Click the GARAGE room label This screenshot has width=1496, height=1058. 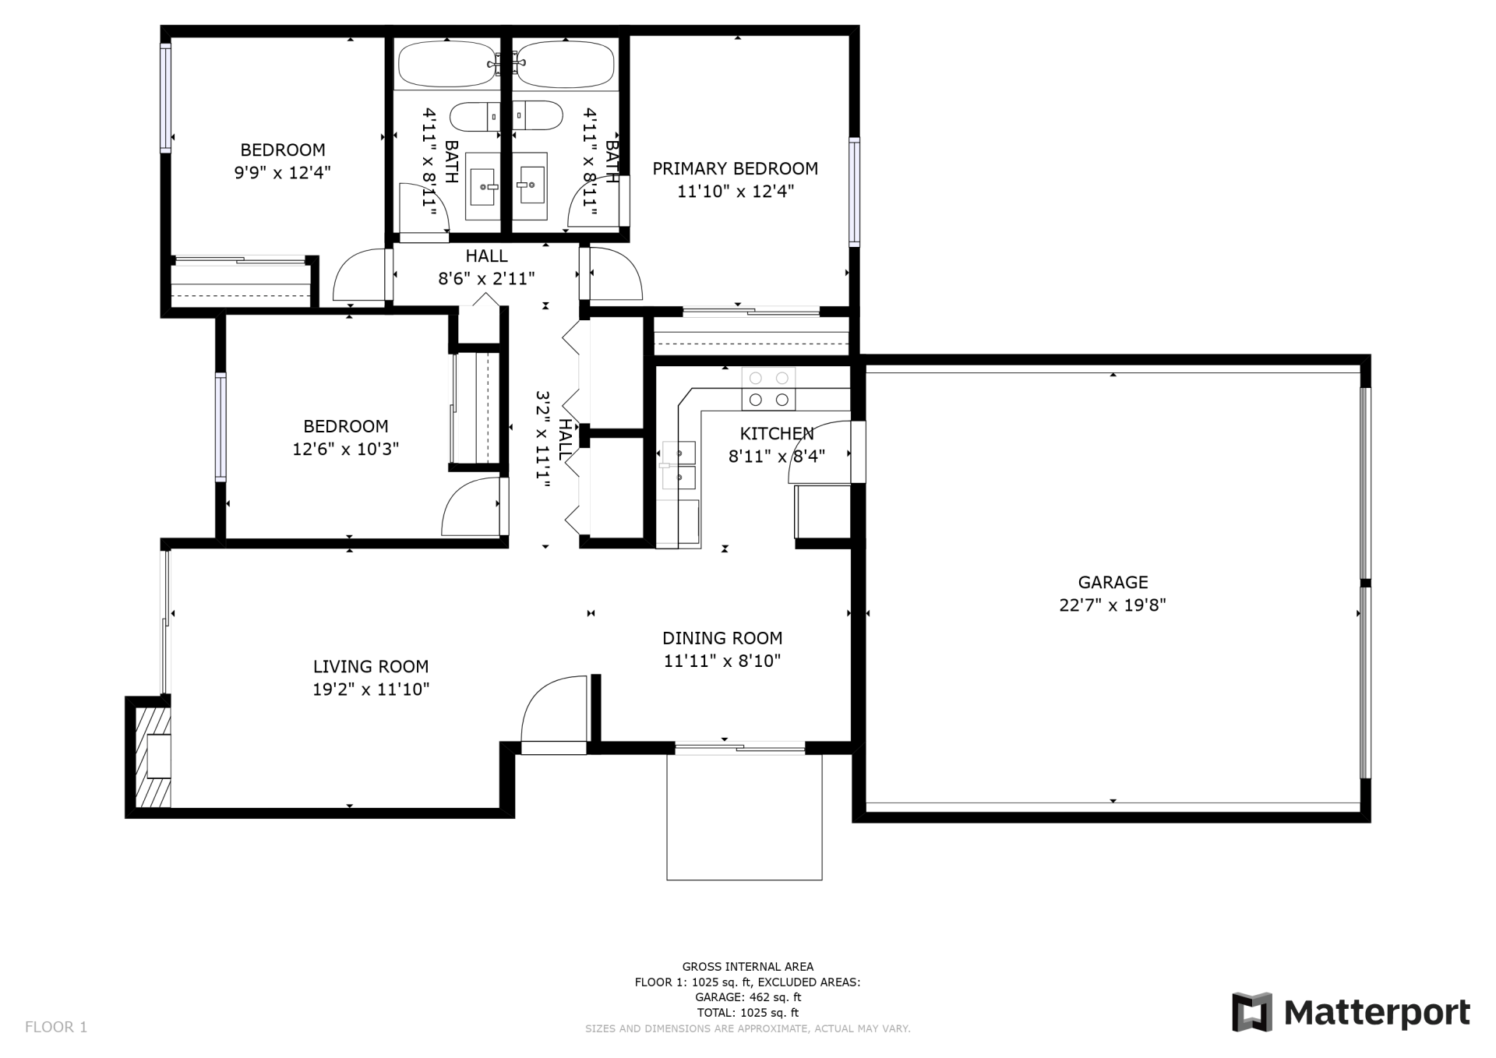point(1113,582)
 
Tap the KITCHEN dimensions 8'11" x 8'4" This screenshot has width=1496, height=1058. point(776,456)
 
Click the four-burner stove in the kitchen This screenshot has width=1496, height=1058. point(768,389)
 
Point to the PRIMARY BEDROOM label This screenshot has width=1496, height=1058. point(735,168)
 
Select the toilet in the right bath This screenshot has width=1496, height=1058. point(538,115)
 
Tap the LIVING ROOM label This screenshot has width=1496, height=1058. point(371,666)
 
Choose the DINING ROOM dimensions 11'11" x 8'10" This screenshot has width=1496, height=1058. point(722,661)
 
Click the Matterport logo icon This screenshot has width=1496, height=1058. point(1251,1012)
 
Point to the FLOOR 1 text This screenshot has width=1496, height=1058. point(56,1027)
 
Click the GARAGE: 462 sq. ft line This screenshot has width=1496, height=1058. point(748,997)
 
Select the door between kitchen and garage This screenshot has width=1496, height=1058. point(857,452)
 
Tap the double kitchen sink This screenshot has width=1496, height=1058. point(679,465)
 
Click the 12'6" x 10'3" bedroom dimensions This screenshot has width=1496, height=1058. point(346,449)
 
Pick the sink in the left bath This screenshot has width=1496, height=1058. point(482,186)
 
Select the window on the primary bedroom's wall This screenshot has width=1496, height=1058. point(854,192)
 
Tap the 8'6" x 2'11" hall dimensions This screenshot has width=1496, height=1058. point(486,278)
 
